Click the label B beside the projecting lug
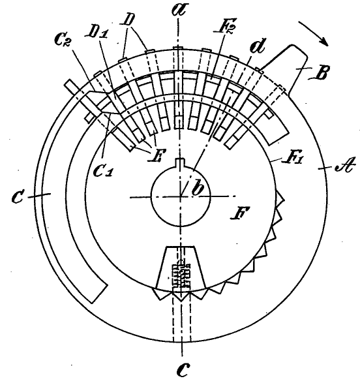[x=318, y=73]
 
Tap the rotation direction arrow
[x=313, y=33]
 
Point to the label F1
[x=293, y=158]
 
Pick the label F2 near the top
[x=225, y=25]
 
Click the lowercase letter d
[x=257, y=46]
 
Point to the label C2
[x=63, y=40]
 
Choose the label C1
[x=103, y=171]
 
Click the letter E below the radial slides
[x=155, y=155]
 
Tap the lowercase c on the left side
[x=18, y=197]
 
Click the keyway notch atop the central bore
[x=181, y=162]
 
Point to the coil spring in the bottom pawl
[x=181, y=274]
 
